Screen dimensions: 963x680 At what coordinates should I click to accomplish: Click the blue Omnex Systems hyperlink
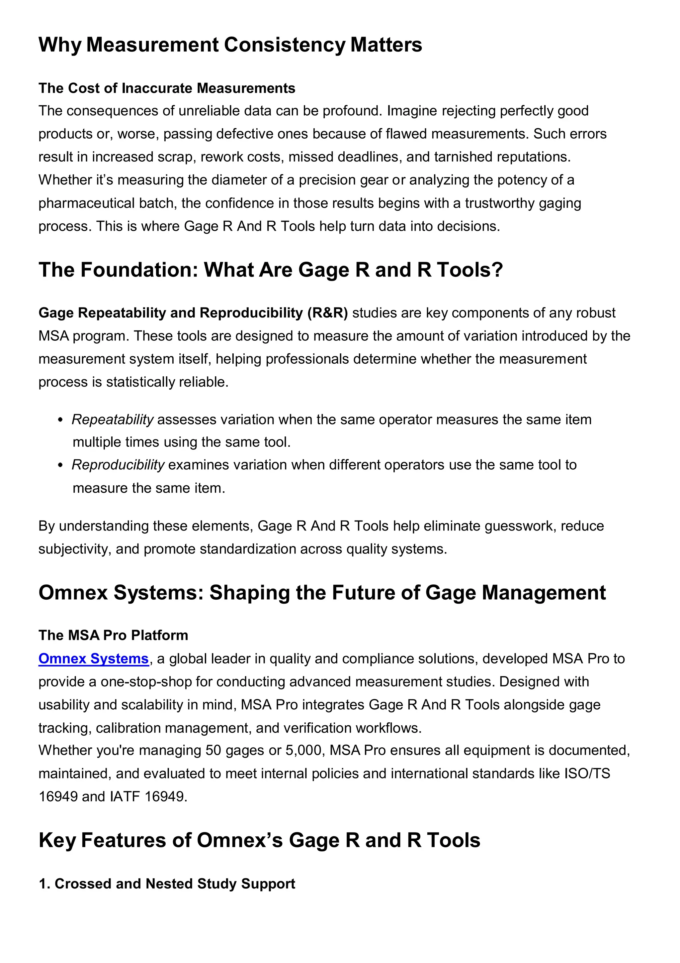click(x=93, y=659)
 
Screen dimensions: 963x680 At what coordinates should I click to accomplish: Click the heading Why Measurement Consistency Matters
click(x=230, y=45)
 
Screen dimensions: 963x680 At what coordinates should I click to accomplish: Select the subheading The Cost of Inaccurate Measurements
click(x=167, y=88)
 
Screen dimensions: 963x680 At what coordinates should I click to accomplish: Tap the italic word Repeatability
click(x=112, y=420)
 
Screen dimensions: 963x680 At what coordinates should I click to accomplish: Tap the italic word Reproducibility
click(x=118, y=465)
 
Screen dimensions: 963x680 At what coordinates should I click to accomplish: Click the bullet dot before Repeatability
click(x=61, y=420)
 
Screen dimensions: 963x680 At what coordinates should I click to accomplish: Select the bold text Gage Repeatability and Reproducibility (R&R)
click(x=193, y=313)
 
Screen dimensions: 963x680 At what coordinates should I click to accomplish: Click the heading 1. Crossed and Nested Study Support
click(x=167, y=884)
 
